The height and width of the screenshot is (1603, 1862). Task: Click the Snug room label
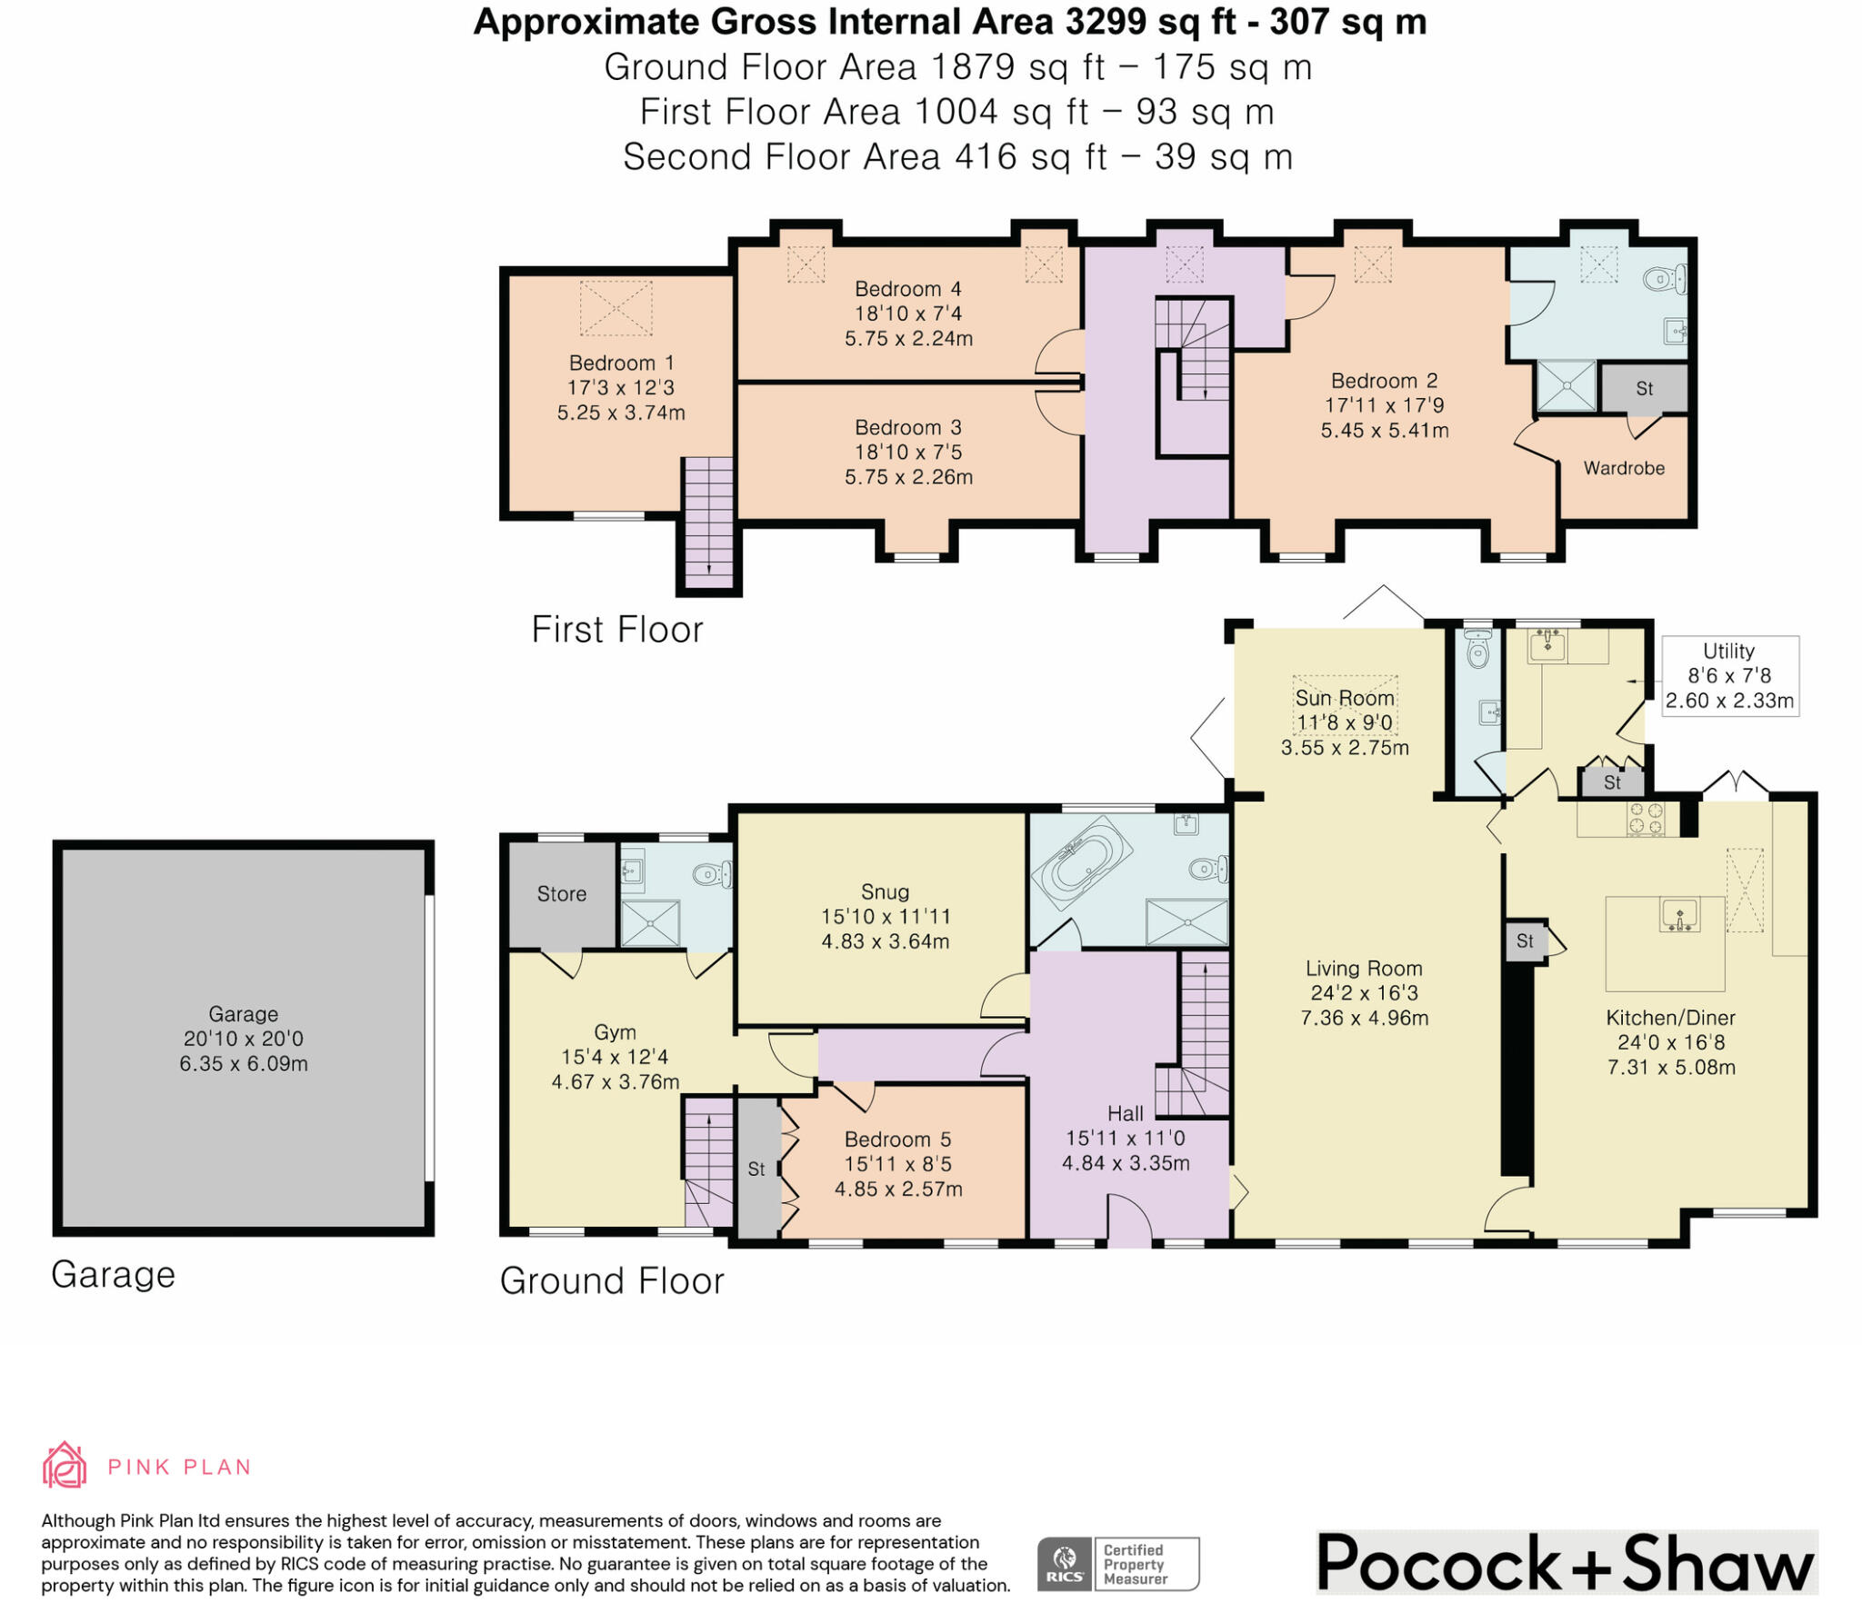click(885, 891)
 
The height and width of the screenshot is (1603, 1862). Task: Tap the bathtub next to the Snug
click(1081, 856)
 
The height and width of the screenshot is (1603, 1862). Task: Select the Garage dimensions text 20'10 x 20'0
click(244, 1039)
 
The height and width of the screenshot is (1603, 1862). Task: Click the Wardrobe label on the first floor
click(1624, 468)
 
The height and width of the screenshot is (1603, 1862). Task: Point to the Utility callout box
click(1729, 676)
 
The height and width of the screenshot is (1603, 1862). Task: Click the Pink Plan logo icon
click(65, 1465)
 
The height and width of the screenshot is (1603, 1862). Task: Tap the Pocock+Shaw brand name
click(1566, 1564)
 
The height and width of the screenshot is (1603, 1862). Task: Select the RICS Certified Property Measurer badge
click(1118, 1563)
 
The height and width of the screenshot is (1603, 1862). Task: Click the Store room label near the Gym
click(562, 894)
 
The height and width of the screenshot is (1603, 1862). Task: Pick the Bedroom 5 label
click(897, 1140)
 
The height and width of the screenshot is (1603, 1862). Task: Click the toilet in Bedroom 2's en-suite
click(1666, 279)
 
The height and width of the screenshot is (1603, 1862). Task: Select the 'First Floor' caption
click(617, 630)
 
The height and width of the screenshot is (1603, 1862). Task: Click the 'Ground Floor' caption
click(612, 1281)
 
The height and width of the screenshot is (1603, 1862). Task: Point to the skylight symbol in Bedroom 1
click(616, 308)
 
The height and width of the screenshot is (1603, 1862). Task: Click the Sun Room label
click(1345, 698)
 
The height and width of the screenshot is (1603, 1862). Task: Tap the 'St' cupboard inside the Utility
click(1612, 782)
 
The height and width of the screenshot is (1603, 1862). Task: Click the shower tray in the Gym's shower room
click(650, 923)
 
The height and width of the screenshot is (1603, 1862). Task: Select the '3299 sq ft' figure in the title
click(1151, 22)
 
